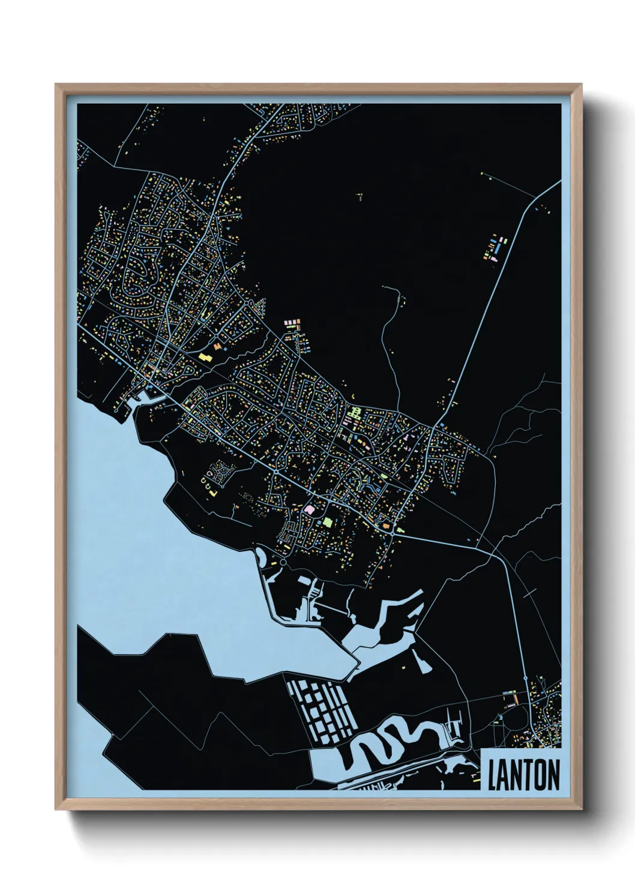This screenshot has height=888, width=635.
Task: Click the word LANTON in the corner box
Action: [x=523, y=775]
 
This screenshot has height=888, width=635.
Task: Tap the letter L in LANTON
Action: [x=493, y=775]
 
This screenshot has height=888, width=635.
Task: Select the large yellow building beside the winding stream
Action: [x=205, y=356]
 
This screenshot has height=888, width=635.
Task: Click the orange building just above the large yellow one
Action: [x=215, y=346]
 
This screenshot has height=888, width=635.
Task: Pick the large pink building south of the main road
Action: [x=310, y=509]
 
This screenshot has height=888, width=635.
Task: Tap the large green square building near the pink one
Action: [x=328, y=521]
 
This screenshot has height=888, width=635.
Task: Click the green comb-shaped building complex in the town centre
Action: [x=355, y=413]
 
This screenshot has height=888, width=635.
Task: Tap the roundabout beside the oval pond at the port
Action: [x=283, y=563]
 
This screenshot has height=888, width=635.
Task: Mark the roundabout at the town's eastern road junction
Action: [x=393, y=532]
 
